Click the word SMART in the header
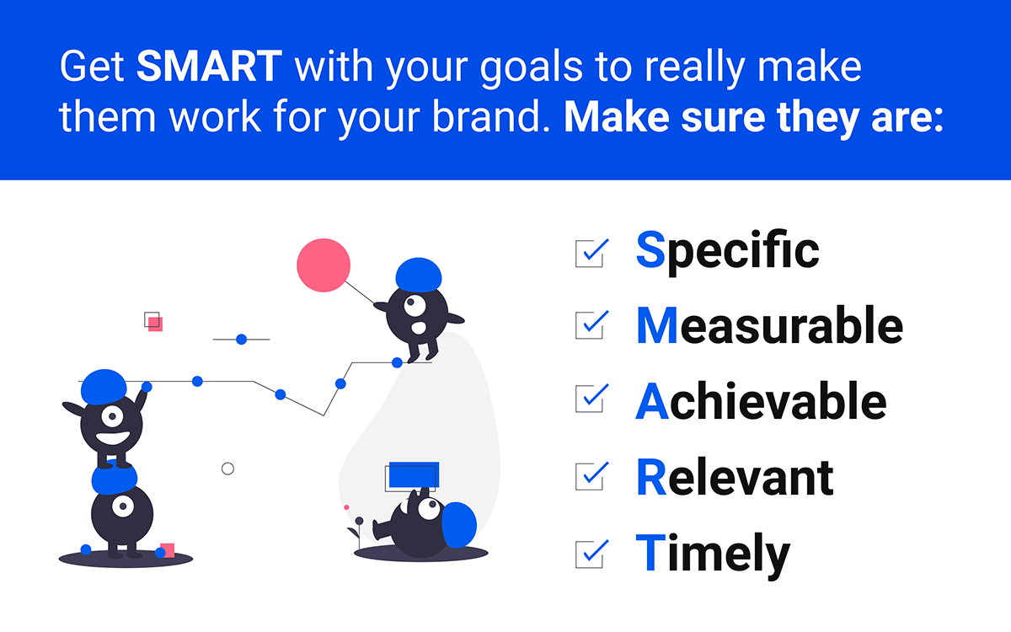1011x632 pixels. point(210,67)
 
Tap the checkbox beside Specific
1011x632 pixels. point(590,254)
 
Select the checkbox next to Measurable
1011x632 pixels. point(590,325)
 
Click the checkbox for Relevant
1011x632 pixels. point(590,476)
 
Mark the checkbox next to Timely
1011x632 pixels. point(590,554)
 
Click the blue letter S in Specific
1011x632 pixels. point(650,249)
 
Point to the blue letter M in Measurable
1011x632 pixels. point(657,325)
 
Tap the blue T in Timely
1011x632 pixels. point(650,552)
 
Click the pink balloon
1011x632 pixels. point(324,265)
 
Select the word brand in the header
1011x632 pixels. point(491,117)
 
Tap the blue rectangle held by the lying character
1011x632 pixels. point(414,474)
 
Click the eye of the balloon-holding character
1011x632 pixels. point(415,306)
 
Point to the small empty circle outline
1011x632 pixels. point(228,469)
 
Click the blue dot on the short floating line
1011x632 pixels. point(242,340)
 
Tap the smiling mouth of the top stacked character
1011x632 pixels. point(112,438)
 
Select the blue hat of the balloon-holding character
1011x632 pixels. point(419,275)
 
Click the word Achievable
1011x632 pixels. point(761,401)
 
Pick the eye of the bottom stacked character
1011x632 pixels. point(123,506)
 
